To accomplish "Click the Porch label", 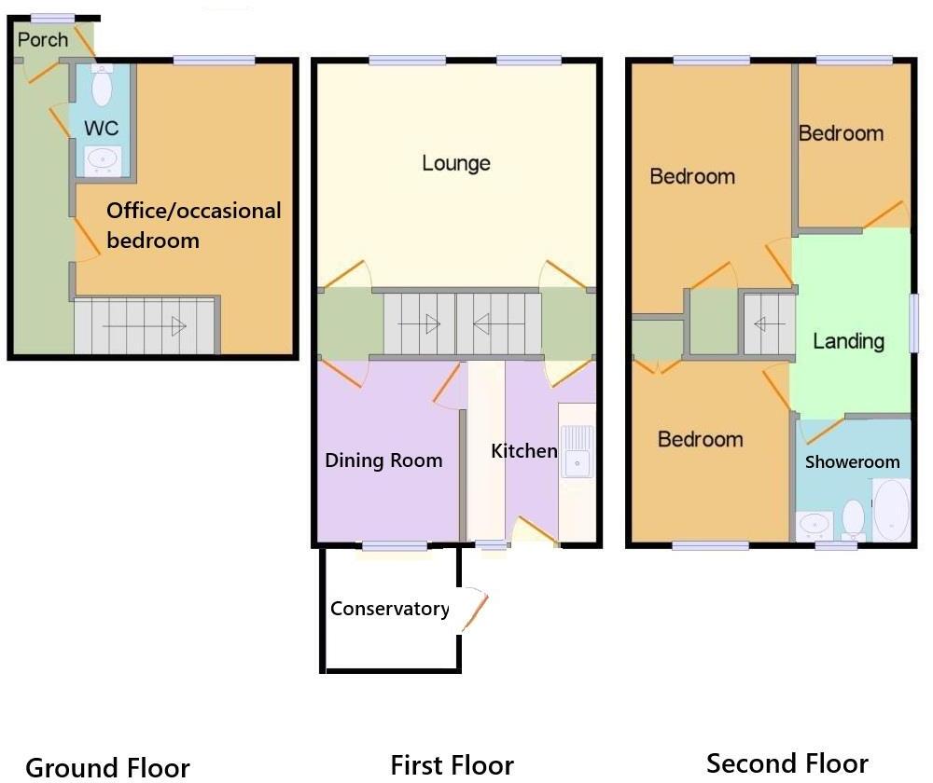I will pyautogui.click(x=43, y=39).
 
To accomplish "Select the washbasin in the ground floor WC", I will pyautogui.click(x=102, y=159).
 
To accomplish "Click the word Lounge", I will pyautogui.click(x=456, y=163).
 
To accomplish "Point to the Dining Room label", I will pyautogui.click(x=383, y=460).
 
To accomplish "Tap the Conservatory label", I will pyautogui.click(x=389, y=609).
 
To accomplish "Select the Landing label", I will pyautogui.click(x=848, y=340).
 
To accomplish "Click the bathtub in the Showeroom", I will pyautogui.click(x=890, y=509).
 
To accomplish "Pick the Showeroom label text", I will pyautogui.click(x=852, y=461).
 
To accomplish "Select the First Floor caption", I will pyautogui.click(x=452, y=765).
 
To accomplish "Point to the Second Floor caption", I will pyautogui.click(x=787, y=763).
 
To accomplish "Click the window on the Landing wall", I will pyautogui.click(x=914, y=323).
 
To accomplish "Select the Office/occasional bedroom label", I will pyautogui.click(x=193, y=225).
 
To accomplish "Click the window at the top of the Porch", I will pyautogui.click(x=51, y=18).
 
